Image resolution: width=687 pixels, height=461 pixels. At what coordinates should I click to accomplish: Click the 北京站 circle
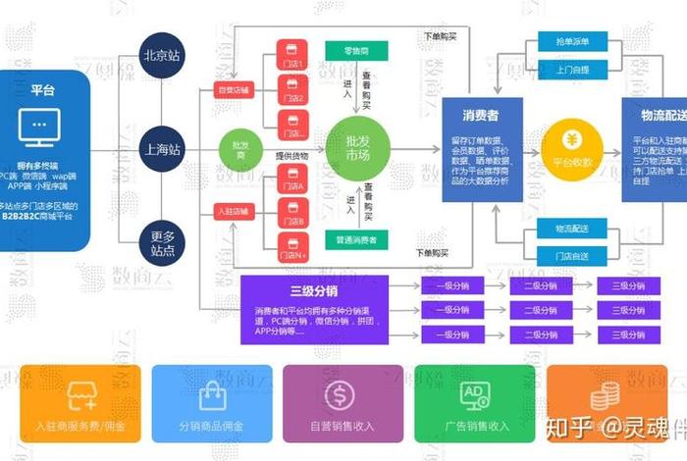[x=161, y=56]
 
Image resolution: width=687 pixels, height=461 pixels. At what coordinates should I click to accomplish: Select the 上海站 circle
[x=161, y=150]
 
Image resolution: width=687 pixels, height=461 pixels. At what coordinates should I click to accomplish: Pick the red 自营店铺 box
[x=234, y=91]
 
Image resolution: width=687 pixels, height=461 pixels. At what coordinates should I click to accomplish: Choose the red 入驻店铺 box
[x=234, y=211]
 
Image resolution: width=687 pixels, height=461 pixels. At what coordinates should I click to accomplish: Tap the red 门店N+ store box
[x=291, y=247]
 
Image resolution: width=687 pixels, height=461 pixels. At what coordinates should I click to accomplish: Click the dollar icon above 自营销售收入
[x=341, y=395]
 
